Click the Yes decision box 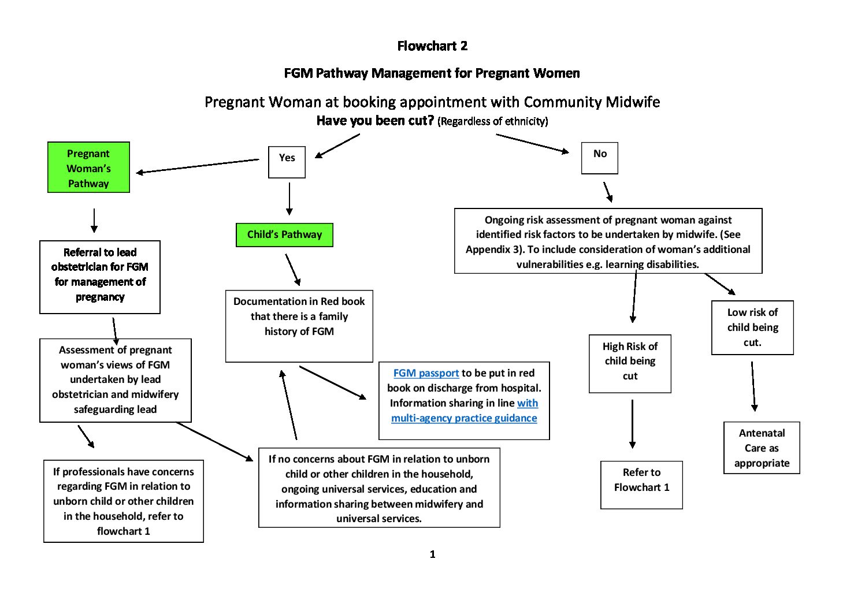pos(287,162)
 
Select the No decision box pos(599,158)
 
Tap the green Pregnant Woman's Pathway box pos(88,167)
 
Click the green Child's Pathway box pos(284,234)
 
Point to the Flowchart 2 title pos(432,46)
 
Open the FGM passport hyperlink pos(426,373)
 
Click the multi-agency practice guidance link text pos(464,418)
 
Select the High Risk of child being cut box pos(630,363)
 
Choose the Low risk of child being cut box pos(752,327)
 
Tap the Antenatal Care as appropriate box pos(762,448)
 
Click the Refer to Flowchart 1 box pos(641,485)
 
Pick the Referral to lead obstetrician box pos(100,277)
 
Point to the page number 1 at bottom pos(432,554)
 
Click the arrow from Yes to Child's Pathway pos(289,199)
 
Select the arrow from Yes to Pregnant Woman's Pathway pos(196,166)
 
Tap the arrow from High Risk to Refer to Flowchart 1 pos(632,424)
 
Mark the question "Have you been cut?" pos(375,121)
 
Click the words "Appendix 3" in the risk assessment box pos(491,249)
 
